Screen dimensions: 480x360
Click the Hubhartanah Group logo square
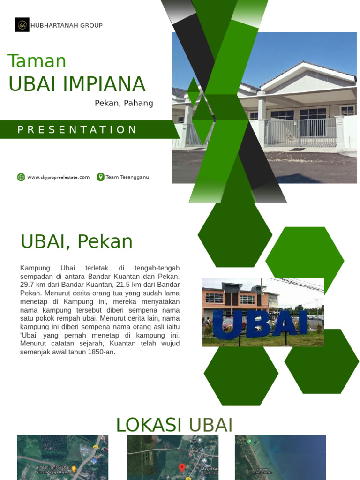[22, 25]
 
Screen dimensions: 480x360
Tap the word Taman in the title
[37, 61]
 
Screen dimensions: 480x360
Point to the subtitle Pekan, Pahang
[124, 103]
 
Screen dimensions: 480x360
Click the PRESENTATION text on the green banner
[77, 130]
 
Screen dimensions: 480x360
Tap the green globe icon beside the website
[21, 177]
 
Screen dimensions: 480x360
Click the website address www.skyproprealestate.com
[58, 177]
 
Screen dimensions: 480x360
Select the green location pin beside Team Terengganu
[100, 177]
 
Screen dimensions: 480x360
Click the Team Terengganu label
[127, 177]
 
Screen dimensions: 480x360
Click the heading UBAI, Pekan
[76, 242]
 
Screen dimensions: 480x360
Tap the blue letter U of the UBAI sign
[225, 324]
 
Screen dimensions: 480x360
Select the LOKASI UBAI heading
[174, 425]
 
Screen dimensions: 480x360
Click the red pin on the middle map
[182, 467]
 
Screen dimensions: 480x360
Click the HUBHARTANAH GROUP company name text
[66, 25]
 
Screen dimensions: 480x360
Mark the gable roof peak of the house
[304, 64]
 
